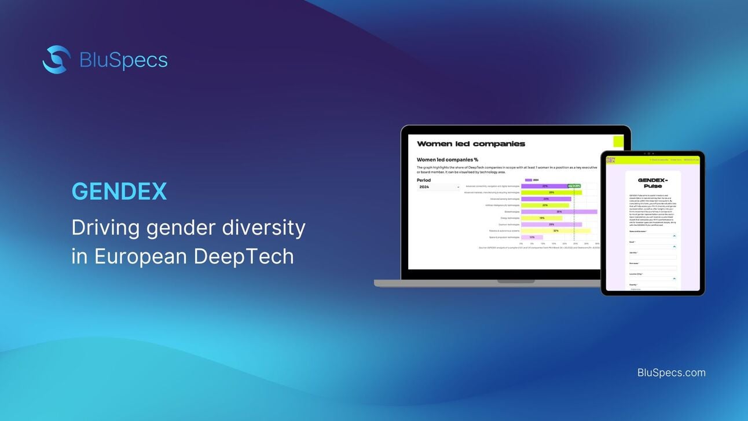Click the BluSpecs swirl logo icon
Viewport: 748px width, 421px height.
pos(56,60)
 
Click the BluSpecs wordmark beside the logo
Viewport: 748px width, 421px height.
pos(123,60)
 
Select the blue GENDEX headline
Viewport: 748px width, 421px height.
pos(119,192)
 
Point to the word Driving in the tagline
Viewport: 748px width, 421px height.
pos(105,228)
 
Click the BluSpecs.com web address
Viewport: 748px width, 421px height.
pos(671,372)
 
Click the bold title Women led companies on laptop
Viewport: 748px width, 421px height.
pos(471,144)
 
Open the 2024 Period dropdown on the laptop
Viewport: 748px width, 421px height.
pos(438,187)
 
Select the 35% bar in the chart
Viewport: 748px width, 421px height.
pos(559,211)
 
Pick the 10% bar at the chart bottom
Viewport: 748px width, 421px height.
pos(531,237)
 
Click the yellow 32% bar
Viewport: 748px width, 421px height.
pos(555,230)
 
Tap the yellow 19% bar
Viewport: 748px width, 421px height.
pos(541,218)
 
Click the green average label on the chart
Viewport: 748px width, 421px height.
pos(574,186)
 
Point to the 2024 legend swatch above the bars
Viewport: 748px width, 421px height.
pos(527,180)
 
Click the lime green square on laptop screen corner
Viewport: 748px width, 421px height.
pos(618,141)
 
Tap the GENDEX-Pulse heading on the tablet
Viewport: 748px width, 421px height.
pos(652,183)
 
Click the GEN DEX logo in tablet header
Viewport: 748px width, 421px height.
pos(610,159)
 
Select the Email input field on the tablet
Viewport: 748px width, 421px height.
pos(652,246)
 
